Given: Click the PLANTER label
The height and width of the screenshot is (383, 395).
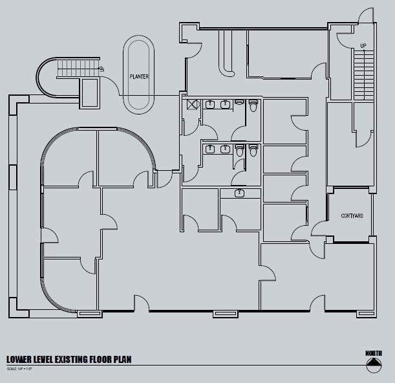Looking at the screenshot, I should point(139,77).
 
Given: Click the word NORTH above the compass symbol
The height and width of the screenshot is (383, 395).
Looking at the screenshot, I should point(373,353).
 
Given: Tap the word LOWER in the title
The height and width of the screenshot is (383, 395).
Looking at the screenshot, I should point(20,359).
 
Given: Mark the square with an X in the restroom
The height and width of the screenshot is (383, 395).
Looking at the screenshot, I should point(192,104).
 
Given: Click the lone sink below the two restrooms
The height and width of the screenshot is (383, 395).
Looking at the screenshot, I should point(240,193).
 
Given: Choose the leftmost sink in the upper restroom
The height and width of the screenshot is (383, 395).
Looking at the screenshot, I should point(210,104).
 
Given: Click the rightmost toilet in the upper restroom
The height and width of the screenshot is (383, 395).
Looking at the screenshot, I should point(253,104).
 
